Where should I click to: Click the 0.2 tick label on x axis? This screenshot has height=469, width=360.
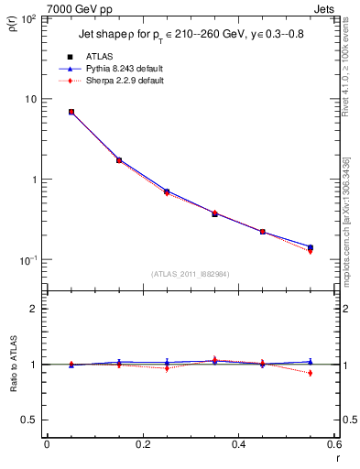coord(142,444)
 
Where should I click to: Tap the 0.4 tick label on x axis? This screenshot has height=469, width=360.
coord(238,444)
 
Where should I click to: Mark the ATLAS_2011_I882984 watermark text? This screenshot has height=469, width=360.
coord(190,274)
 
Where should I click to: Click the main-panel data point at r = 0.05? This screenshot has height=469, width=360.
coord(71,112)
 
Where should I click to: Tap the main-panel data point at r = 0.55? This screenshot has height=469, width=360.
coord(311,247)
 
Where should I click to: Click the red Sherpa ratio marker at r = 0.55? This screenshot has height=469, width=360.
coord(311,373)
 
